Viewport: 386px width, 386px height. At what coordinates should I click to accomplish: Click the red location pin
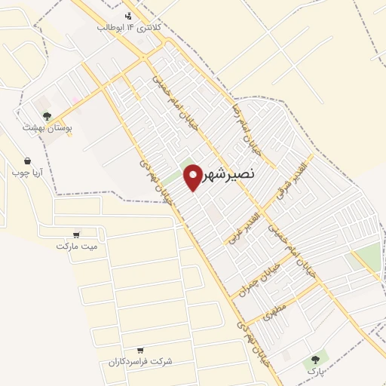[192, 176]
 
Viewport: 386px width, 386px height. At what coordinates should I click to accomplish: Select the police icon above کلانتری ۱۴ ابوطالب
[129, 16]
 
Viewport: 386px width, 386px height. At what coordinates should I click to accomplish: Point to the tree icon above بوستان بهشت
[47, 116]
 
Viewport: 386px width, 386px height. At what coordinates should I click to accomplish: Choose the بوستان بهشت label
[46, 129]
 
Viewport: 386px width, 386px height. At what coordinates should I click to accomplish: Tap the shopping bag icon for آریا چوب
[28, 161]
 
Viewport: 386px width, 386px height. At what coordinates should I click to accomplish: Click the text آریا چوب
[27, 173]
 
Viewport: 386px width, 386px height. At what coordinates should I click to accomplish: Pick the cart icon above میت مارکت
[76, 234]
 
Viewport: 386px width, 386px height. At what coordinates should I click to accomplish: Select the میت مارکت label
[76, 246]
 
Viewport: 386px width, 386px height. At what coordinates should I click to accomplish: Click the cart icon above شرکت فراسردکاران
[140, 351]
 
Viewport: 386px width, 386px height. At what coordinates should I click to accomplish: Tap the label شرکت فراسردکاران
[140, 362]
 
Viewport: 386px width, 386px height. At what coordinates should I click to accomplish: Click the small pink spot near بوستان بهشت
[76, 100]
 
